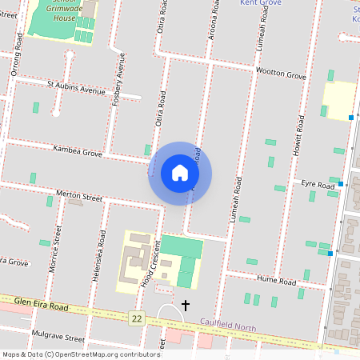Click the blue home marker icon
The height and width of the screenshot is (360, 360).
(180, 173)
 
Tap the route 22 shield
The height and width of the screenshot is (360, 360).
(137, 318)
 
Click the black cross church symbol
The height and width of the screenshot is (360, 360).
(186, 305)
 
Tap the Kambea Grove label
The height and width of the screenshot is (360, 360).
(78, 150)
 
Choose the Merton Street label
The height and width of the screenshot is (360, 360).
(79, 196)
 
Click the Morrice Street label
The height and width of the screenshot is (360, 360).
(56, 249)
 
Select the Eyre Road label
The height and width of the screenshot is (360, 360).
(317, 185)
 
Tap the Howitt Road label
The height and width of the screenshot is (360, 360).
(298, 134)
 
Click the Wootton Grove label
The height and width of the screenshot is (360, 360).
(281, 74)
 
